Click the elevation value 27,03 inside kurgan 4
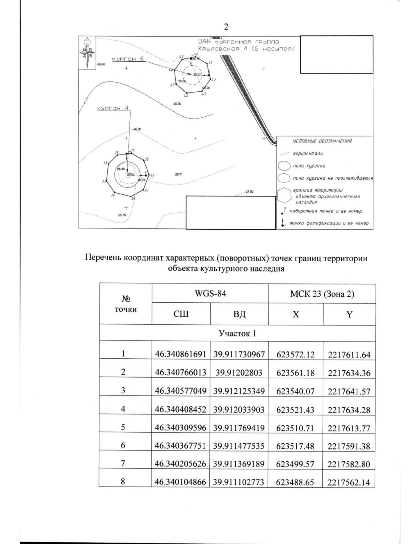coord(131,174)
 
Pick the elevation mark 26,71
coord(178,174)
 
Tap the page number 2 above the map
coord(226,27)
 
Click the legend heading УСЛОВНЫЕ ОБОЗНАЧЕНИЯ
coord(322,141)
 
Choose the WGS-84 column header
coord(210,294)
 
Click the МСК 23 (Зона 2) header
coord(322,294)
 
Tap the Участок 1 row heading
coord(237,333)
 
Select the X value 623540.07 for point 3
coord(295,391)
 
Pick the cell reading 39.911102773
coord(239,482)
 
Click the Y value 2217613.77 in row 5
coord(349,428)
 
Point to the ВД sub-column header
coord(239,314)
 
